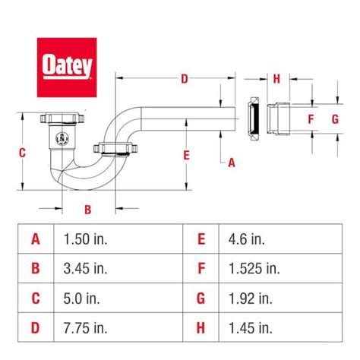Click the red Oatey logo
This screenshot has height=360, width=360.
click(x=67, y=68)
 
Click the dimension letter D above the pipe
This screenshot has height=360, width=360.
click(x=185, y=79)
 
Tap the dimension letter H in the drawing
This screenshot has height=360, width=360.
click(x=276, y=79)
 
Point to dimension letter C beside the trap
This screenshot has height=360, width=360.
click(x=22, y=153)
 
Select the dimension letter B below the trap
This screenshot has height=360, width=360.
click(x=87, y=210)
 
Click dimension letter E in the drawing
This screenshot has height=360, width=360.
click(x=186, y=155)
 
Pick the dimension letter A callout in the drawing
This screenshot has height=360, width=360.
click(x=232, y=163)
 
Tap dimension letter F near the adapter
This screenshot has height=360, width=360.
click(x=311, y=119)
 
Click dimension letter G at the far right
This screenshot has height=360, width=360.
click(x=335, y=119)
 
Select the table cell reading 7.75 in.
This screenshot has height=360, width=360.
click(x=85, y=328)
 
